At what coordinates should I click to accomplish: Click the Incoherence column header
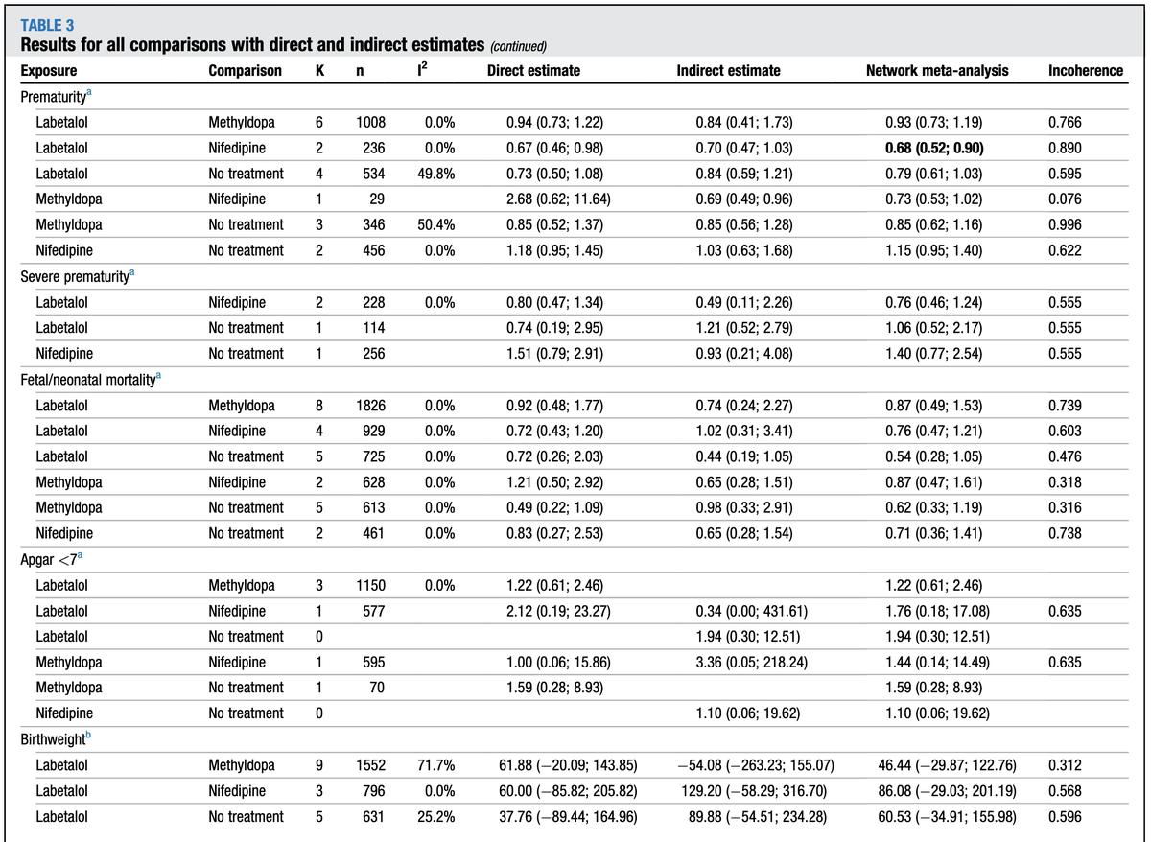[x=1086, y=71]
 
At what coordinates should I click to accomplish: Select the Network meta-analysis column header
[x=936, y=71]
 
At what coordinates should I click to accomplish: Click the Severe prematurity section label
[x=78, y=276]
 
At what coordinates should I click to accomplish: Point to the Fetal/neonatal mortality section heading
[x=89, y=380]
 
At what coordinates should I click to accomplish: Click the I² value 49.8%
[x=435, y=174]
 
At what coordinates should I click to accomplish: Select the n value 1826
[x=371, y=405]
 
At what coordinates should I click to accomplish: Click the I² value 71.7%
[x=435, y=765]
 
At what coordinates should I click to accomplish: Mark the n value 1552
[x=371, y=765]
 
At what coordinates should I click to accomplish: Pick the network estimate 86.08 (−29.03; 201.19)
[x=936, y=791]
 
